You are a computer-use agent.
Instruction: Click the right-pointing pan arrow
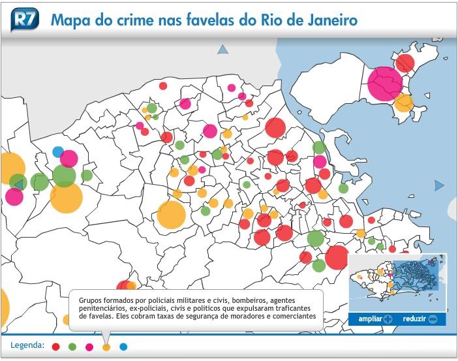(x=439, y=186)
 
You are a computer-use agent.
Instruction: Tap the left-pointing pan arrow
(x=18, y=183)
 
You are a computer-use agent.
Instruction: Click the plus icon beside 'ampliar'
(x=389, y=319)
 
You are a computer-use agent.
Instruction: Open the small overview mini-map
(x=397, y=282)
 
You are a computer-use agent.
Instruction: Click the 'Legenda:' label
(x=27, y=345)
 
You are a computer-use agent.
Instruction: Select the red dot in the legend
(x=56, y=347)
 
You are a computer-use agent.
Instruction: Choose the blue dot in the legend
(x=123, y=347)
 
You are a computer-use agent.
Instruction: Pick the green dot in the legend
(x=72, y=347)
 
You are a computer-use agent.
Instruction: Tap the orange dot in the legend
(x=106, y=347)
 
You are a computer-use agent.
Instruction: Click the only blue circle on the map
(x=58, y=152)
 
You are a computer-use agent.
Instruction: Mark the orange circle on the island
(x=404, y=102)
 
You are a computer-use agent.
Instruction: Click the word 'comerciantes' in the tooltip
(x=289, y=316)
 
